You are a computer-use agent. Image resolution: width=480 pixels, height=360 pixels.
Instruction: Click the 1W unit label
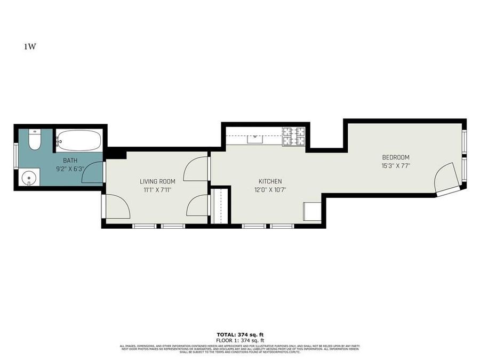pyautogui.click(x=29, y=46)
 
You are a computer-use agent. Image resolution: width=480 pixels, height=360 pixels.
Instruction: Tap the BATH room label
pyautogui.click(x=70, y=161)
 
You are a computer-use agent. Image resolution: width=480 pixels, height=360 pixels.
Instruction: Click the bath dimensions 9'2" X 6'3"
pyautogui.click(x=70, y=169)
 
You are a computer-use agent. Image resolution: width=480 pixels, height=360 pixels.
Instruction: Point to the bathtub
pyautogui.click(x=78, y=141)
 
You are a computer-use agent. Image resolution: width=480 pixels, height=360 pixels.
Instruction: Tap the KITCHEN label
pyautogui.click(x=270, y=181)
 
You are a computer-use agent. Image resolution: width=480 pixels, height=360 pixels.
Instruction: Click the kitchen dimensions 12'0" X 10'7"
pyautogui.click(x=270, y=190)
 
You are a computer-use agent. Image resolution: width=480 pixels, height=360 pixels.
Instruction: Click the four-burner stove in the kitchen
pyautogui.click(x=293, y=137)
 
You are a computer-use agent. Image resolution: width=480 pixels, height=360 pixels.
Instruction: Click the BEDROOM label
pyautogui.click(x=395, y=157)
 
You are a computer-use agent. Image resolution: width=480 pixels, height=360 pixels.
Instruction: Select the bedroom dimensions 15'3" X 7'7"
pyautogui.click(x=395, y=166)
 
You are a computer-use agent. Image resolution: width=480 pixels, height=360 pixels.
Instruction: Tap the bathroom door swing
pyautogui.click(x=93, y=173)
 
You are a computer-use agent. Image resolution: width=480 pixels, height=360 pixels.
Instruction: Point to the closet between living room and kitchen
pyautogui.click(x=220, y=205)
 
